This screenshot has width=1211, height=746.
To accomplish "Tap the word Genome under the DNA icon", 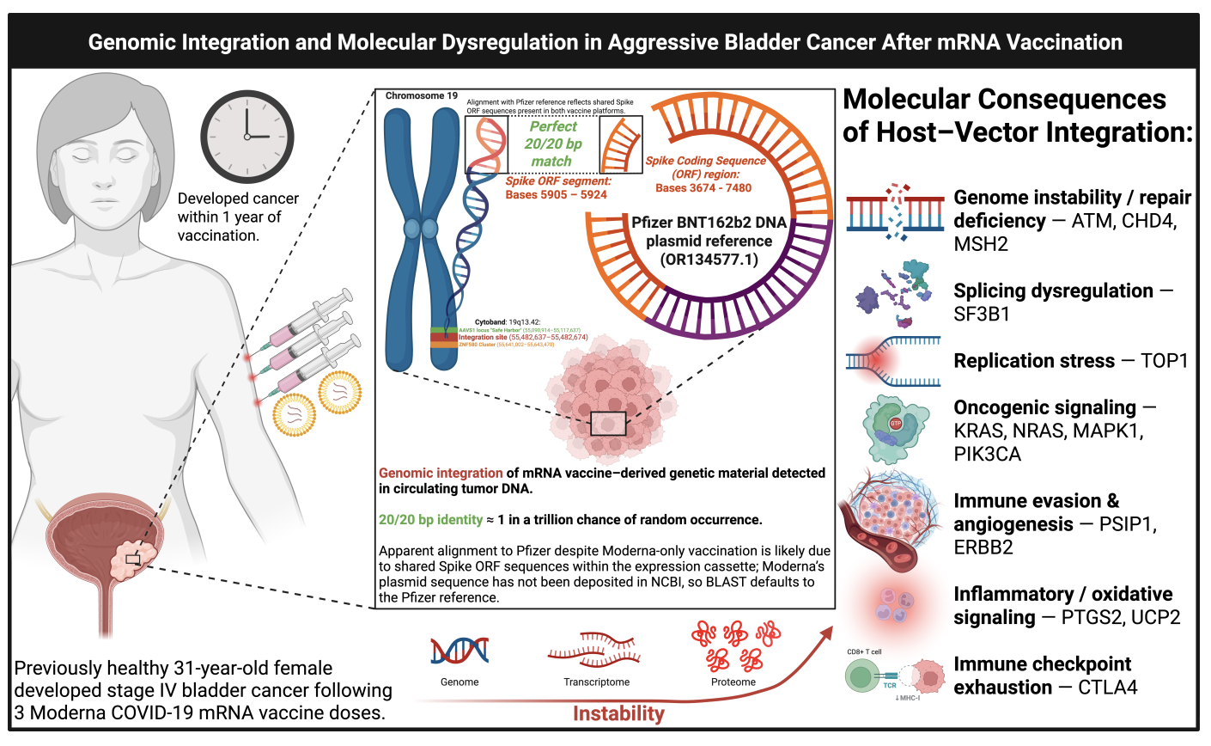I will tap(459, 682).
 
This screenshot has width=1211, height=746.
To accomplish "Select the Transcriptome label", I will tap(596, 682).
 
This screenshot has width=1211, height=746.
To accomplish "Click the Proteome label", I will tap(733, 682).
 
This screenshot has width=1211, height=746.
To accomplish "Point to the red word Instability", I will tap(618, 713).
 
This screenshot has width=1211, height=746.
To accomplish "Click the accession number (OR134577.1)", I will tap(709, 260).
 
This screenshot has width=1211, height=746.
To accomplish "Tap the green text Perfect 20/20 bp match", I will tap(552, 144).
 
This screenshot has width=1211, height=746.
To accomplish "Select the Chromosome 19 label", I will tap(421, 96).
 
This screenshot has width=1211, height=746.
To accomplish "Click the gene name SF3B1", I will tap(982, 314).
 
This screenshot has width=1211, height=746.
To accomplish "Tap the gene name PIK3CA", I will tap(988, 454).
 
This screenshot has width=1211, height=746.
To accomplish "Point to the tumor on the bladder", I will tap(133, 559).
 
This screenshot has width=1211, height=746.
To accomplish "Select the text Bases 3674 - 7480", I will tap(703, 187).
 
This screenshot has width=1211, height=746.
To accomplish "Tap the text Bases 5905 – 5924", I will tap(556, 194).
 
